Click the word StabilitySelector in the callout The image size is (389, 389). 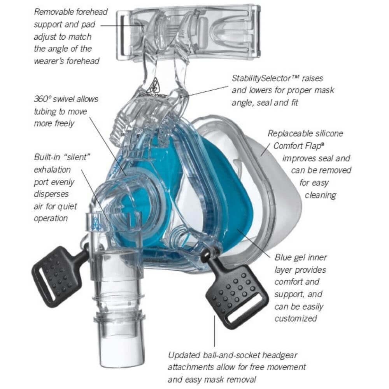tap(261, 79)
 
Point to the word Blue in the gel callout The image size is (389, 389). tap(284, 257)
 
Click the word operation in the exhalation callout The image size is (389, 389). tap(51, 218)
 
